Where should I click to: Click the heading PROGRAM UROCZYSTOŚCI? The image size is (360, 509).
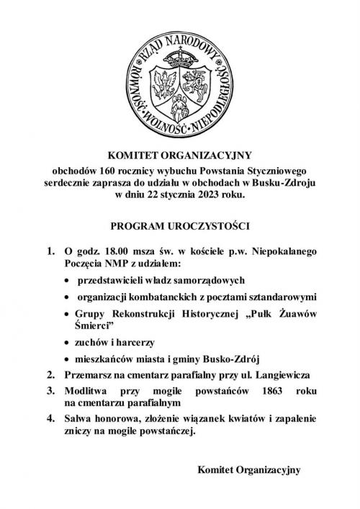tap(179, 226)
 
